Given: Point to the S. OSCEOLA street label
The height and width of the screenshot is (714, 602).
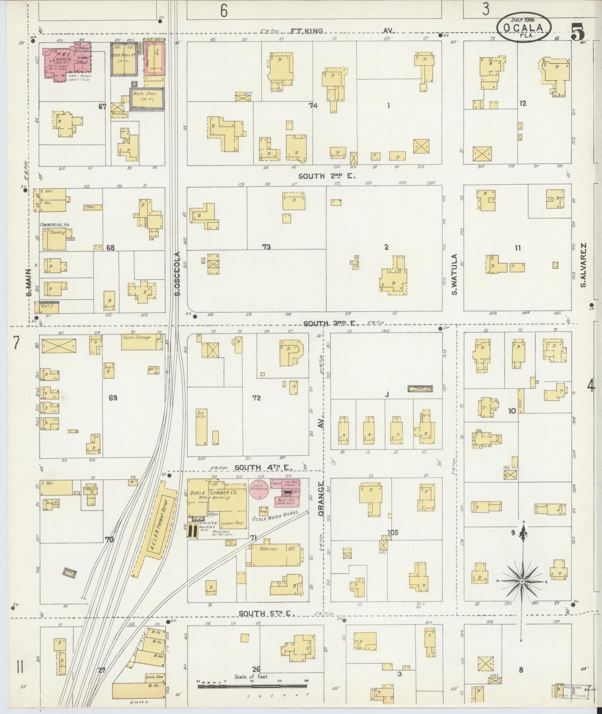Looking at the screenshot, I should pos(177,274).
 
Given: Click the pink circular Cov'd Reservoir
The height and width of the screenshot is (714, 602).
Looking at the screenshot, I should pos(259,488).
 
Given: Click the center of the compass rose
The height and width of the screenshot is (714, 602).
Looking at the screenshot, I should pos(522,582).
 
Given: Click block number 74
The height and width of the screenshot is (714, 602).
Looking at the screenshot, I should pos(313,106).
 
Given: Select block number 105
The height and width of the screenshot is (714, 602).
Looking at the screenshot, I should pos(393,533).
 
